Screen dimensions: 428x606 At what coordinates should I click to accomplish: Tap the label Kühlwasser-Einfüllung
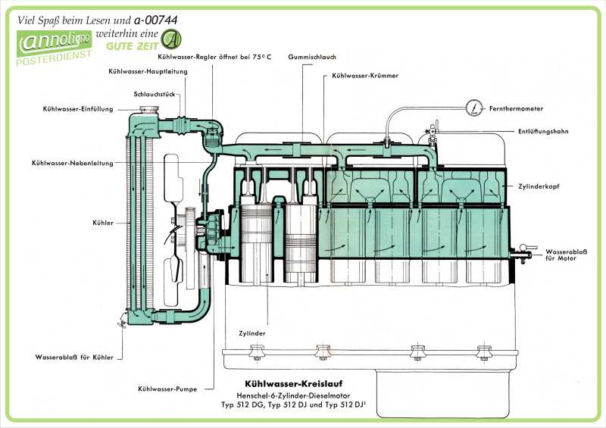78,109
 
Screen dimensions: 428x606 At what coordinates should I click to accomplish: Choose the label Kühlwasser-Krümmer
365,77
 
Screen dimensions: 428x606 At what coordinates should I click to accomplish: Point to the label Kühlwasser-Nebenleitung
73,163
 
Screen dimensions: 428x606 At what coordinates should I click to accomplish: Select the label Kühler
105,223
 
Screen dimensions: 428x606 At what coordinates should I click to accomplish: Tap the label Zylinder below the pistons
251,333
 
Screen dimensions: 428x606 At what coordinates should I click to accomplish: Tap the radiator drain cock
121,323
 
